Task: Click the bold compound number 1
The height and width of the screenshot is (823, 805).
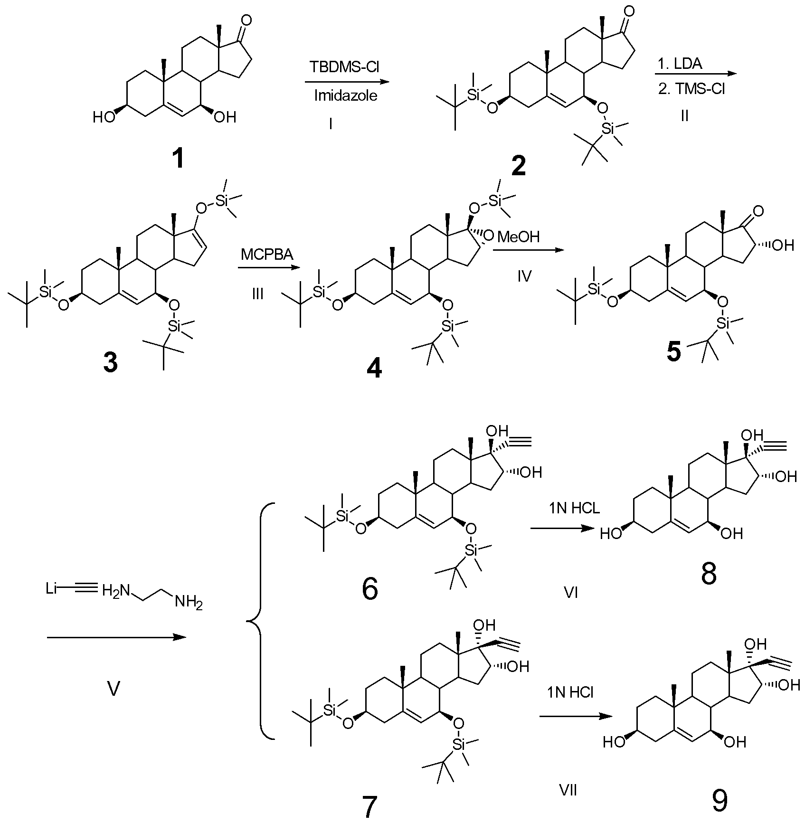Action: [x=178, y=159]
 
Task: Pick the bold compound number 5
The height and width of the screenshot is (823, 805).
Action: [x=674, y=352]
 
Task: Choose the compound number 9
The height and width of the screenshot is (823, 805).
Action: [x=720, y=800]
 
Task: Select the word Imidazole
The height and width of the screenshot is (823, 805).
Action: [x=346, y=96]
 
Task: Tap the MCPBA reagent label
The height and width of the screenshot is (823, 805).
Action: [x=267, y=255]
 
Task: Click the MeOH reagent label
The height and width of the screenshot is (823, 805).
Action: [x=518, y=236]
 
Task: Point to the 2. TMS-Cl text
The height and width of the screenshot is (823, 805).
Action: [x=691, y=89]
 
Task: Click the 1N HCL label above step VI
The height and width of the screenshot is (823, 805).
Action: [x=574, y=508]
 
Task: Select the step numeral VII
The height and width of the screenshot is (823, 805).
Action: [x=568, y=791]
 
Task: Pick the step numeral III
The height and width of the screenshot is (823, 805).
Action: [x=258, y=295]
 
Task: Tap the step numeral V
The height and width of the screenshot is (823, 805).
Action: [x=113, y=689]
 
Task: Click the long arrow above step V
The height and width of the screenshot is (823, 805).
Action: [x=117, y=637]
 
